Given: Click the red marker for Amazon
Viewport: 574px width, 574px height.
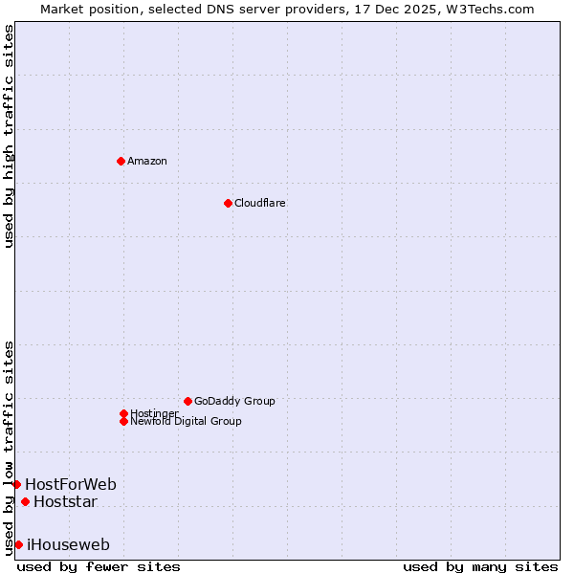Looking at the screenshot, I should pos(121,161).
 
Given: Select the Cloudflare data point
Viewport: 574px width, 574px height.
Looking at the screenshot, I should pos(228,203).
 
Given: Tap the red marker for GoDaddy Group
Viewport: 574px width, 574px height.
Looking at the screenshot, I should pos(188,401).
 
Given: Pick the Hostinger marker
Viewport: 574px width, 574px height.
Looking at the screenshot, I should pos(123,413).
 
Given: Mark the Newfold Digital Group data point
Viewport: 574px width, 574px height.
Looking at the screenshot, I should pos(123,421).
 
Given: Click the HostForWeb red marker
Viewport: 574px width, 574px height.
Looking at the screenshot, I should pos(16,484).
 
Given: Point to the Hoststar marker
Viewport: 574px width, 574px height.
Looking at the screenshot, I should pos(25,501).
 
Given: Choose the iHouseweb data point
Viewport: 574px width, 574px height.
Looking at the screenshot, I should pos(18,544).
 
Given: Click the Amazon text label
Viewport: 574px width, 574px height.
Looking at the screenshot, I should pos(146,161).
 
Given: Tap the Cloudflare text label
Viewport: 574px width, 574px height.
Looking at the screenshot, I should pos(259,203).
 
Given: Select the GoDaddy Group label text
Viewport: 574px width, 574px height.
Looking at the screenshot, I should pos(234,401).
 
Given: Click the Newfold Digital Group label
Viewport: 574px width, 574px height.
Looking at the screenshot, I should pos(186,421).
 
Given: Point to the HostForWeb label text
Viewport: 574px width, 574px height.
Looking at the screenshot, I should pos(71,484).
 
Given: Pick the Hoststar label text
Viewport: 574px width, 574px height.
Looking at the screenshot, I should pos(65,501).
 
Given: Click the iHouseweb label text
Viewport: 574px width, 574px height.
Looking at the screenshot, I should pos(68,544).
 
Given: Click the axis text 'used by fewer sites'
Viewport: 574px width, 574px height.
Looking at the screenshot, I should pos(99,566).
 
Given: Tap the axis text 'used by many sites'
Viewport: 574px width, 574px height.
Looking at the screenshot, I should pos(480,566).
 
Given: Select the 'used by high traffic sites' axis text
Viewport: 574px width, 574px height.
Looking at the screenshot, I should pos(9,136).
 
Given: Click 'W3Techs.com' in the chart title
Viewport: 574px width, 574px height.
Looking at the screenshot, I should pos(493,9).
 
